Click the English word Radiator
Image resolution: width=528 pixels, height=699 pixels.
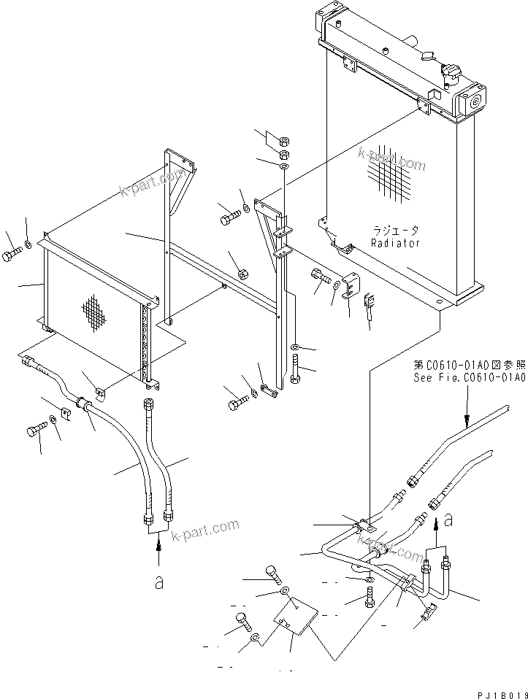(395, 243)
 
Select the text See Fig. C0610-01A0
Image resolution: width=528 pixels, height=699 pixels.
(469, 377)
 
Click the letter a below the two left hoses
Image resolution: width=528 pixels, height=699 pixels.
(159, 583)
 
